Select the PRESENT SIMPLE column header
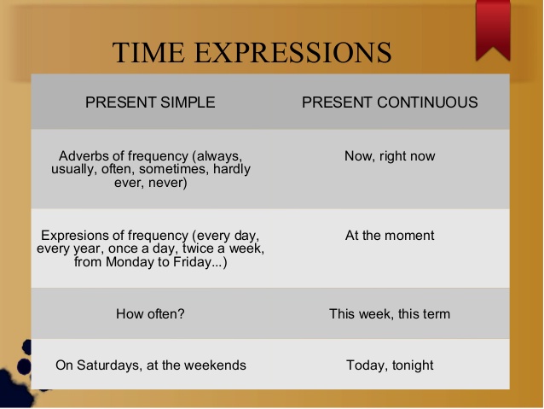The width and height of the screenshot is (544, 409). pos(150,102)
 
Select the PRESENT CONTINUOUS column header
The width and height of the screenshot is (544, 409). pos(390,102)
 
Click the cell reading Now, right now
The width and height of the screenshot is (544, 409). pos(390,156)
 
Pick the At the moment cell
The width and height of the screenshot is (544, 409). pos(390,236)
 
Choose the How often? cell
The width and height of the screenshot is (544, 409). pos(150,314)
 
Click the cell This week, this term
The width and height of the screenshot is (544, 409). pos(390,314)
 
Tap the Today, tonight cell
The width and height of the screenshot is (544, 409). pos(390,365)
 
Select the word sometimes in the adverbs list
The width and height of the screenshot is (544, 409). pos(178,169)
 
